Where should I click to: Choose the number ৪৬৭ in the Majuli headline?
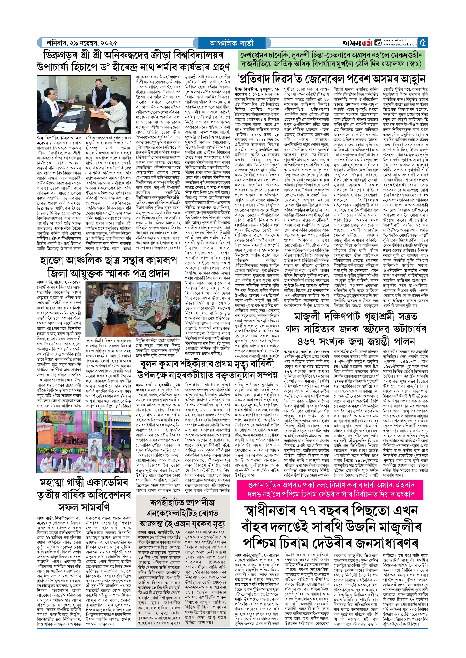click(x=306, y=341)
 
